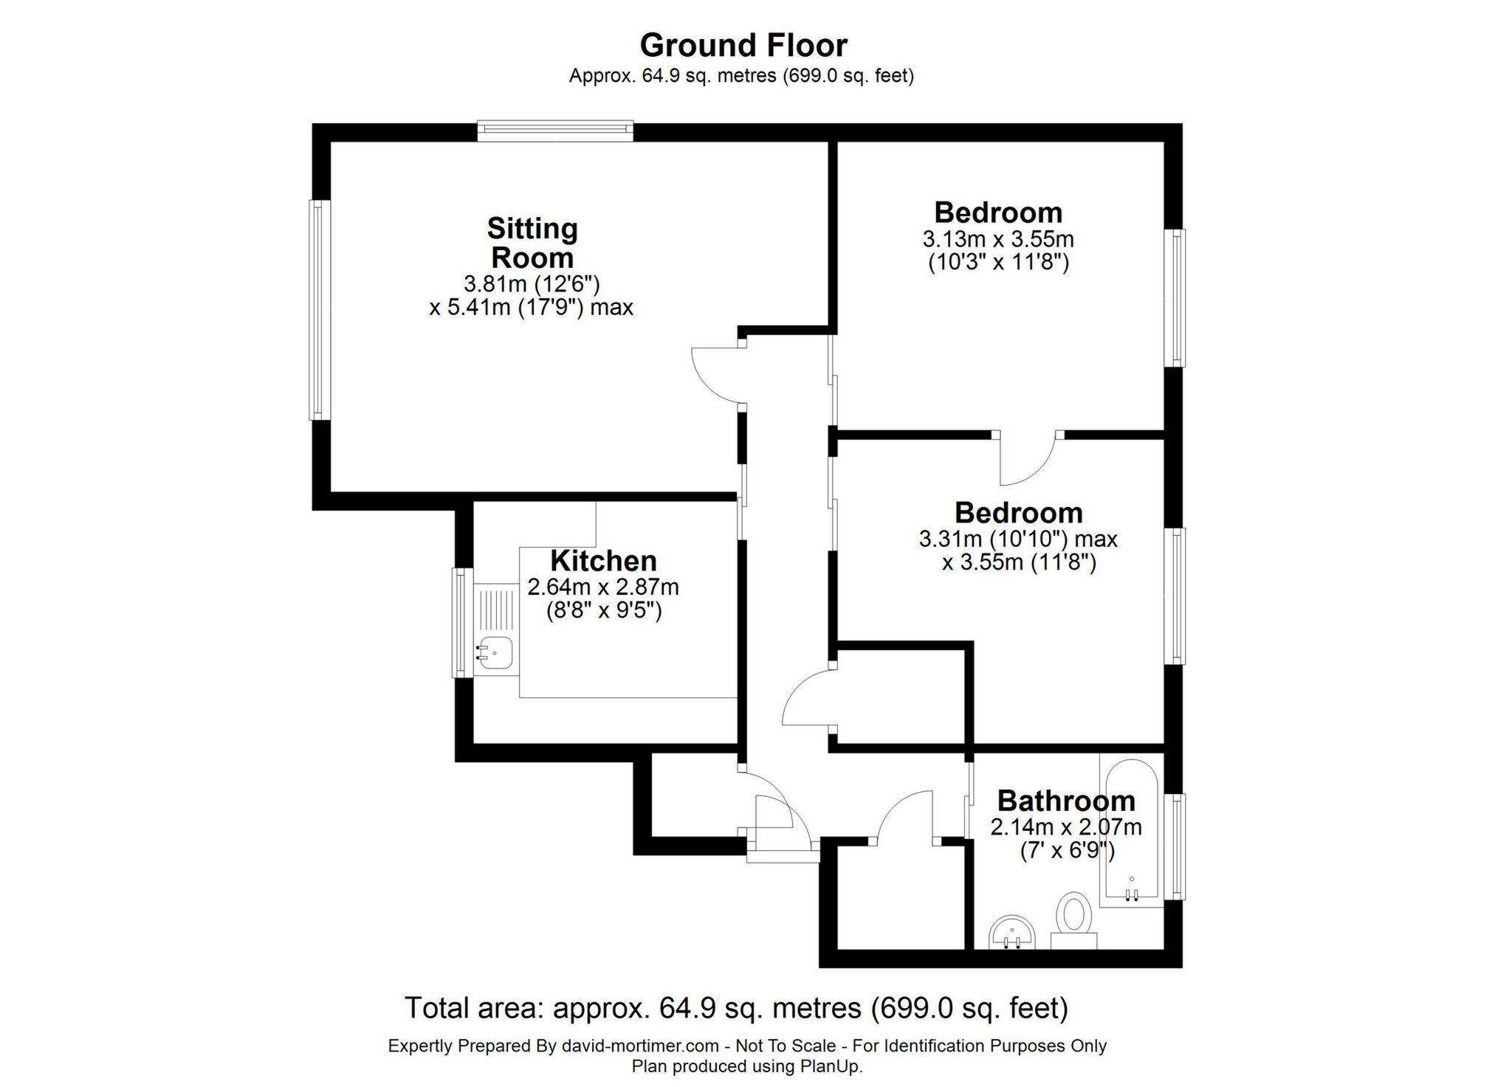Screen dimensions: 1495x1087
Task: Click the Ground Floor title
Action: [743, 45]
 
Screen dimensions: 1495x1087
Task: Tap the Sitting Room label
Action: [532, 243]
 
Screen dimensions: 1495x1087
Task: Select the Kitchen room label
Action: [603, 561]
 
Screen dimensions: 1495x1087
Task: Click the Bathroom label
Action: [1066, 801]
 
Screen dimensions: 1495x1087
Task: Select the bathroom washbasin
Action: [1012, 933]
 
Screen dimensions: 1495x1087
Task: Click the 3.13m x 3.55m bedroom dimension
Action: [998, 239]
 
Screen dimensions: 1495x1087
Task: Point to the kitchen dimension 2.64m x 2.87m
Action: [603, 587]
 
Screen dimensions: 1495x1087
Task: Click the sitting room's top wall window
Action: [555, 131]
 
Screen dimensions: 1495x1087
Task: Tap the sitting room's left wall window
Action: [318, 310]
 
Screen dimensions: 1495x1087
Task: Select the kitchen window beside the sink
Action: [461, 622]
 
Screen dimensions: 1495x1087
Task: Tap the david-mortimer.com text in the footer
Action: [640, 1046]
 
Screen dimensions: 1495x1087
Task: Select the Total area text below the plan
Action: [736, 1008]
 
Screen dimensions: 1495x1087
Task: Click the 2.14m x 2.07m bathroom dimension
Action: [1066, 827]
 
